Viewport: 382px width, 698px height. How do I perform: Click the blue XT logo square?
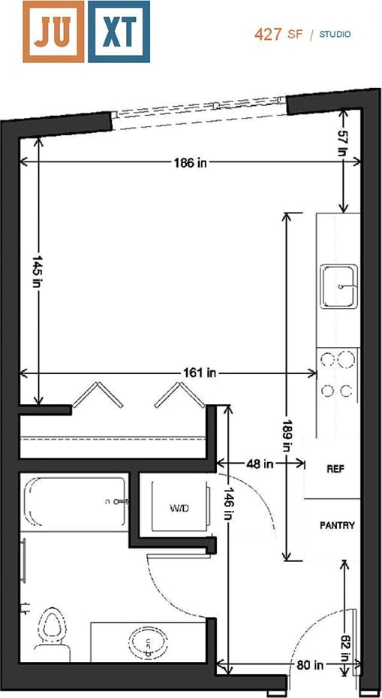tap(119, 31)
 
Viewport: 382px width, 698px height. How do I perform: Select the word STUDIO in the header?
tap(335, 35)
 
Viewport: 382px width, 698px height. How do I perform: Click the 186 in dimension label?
tap(191, 162)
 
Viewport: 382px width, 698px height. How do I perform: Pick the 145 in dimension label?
tap(37, 271)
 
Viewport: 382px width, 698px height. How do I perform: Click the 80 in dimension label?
tap(309, 665)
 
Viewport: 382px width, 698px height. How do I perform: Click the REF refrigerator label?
tap(335, 468)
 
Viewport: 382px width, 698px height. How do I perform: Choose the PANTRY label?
tap(337, 526)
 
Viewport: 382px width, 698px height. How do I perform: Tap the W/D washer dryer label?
tap(179, 509)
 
